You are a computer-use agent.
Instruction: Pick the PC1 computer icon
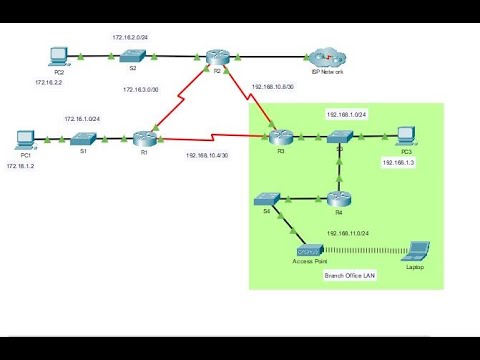[27, 137]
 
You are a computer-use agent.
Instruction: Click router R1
[144, 138]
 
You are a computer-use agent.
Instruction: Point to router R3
[280, 138]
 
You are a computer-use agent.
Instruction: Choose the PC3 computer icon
[405, 136]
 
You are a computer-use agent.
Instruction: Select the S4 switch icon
[267, 198]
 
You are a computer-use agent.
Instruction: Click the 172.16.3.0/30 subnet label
[141, 90]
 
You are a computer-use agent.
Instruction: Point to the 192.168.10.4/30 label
[207, 155]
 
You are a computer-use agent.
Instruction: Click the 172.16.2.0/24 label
[131, 36]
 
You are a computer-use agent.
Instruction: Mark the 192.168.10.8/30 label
[272, 87]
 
